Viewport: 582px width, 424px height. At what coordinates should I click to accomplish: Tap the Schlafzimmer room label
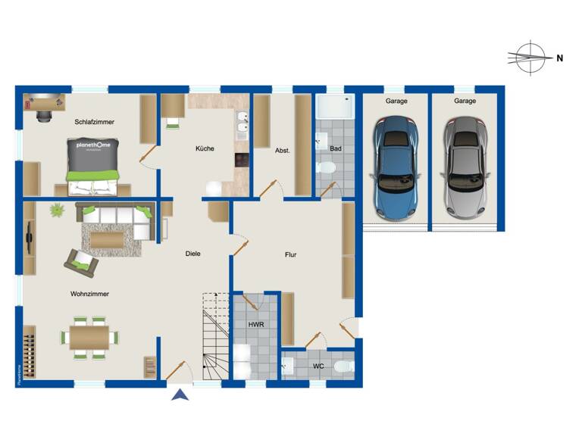(93, 122)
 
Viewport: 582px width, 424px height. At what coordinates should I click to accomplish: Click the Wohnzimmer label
(89, 294)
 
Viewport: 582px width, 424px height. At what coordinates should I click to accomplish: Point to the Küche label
(205, 148)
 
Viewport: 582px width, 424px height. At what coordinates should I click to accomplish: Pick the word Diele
(192, 254)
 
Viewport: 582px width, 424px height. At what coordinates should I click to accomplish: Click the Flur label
(290, 255)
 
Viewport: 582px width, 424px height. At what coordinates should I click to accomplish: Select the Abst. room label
(284, 149)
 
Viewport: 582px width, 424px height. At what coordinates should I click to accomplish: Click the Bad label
(335, 148)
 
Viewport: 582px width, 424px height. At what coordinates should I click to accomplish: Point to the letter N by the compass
(559, 58)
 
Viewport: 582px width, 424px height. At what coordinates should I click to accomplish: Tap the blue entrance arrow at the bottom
(180, 394)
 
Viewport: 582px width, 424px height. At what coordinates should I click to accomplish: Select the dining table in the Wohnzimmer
(89, 337)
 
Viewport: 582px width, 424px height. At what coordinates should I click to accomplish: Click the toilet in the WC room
(343, 368)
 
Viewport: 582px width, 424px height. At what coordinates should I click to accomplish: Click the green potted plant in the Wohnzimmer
(57, 210)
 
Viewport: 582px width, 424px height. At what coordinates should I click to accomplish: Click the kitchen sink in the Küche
(242, 126)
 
